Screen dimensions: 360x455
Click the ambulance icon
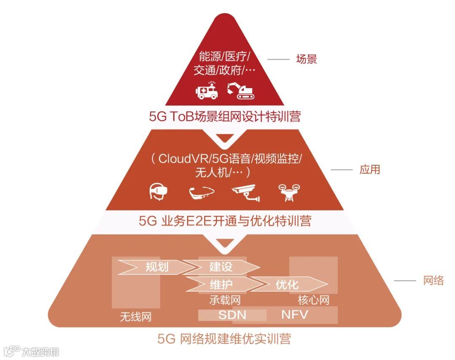coord(207,90)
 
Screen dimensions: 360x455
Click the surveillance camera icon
coord(246,192)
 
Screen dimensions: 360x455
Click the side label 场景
coord(306,59)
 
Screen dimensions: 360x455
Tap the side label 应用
coord(369,169)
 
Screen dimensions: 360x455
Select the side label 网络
coord(433,281)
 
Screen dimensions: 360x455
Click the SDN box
coord(232,315)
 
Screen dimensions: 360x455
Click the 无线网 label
coord(135,317)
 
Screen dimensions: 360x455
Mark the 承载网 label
coord(225,300)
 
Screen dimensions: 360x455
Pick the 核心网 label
coord(313,300)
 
